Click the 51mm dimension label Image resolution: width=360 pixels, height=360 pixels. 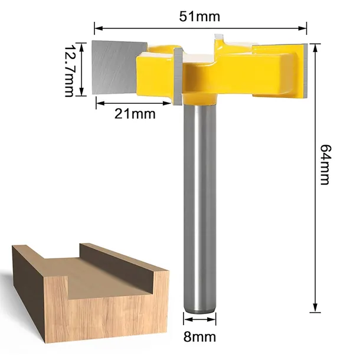[199, 17]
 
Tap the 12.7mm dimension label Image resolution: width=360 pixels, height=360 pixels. [69, 71]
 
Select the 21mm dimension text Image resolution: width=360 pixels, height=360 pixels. [135, 114]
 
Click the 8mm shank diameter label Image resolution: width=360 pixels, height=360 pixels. [199, 337]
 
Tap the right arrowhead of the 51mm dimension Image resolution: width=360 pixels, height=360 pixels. [303, 28]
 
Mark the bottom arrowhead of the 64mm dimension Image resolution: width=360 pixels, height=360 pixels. [315, 307]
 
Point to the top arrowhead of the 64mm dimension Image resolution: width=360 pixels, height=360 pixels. [315, 48]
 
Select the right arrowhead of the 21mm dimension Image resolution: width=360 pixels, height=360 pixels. [166, 103]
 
